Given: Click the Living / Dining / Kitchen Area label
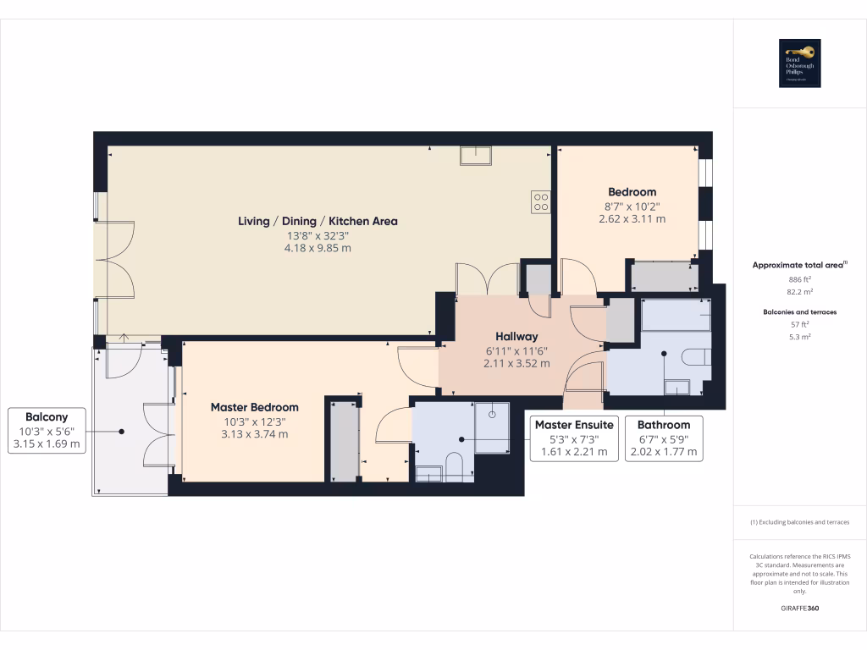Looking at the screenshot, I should click(x=318, y=221).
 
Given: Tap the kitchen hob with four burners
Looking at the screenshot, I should click(x=540, y=201).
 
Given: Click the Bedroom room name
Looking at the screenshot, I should click(x=632, y=192).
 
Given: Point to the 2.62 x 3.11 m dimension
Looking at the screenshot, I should click(x=632, y=218).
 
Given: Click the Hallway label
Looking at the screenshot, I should click(x=516, y=337).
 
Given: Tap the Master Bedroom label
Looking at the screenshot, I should click(x=254, y=407).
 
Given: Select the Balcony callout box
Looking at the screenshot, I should click(x=47, y=430).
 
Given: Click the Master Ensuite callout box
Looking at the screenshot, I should click(x=574, y=438).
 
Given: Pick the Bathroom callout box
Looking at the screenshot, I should click(x=664, y=438).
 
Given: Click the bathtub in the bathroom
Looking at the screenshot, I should click(x=676, y=315).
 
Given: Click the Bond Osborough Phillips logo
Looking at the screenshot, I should click(x=800, y=64).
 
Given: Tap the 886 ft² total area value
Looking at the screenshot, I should click(x=800, y=278).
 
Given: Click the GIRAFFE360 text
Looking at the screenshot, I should click(x=800, y=609).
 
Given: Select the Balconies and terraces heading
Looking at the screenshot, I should click(x=800, y=312).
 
